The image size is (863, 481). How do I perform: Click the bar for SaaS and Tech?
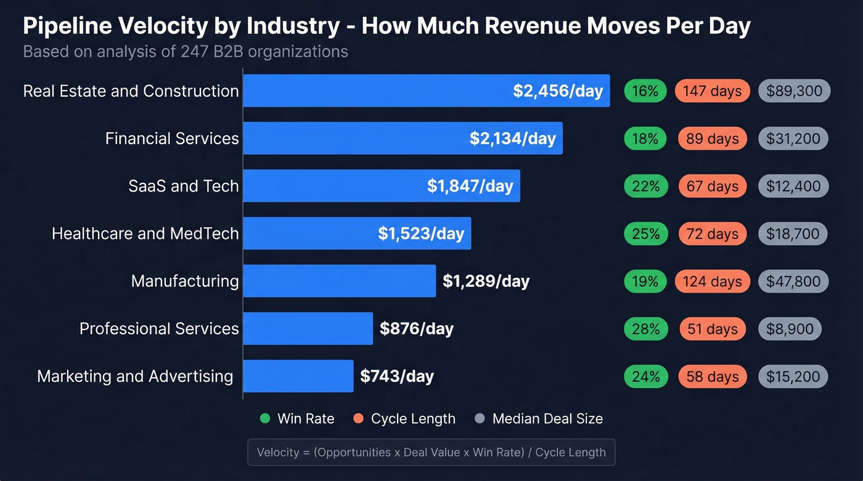pyautogui.click(x=381, y=186)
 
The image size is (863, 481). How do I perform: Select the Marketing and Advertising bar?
pyautogui.click(x=298, y=376)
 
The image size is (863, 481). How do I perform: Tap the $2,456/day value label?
pyautogui.click(x=557, y=91)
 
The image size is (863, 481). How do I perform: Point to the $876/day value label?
pyautogui.click(x=416, y=328)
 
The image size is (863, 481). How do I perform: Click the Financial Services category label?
pyautogui.click(x=171, y=139)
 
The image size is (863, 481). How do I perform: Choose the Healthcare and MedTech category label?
pyautogui.click(x=145, y=233)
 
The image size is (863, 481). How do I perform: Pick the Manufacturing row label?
pyautogui.click(x=184, y=281)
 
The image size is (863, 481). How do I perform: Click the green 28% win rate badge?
pyautogui.click(x=645, y=329)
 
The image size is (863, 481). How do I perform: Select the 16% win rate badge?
pyautogui.click(x=645, y=91)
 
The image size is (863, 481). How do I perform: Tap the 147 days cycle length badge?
pyautogui.click(x=712, y=91)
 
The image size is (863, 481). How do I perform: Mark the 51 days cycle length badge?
pyautogui.click(x=712, y=329)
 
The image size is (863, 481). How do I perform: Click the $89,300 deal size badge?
pyautogui.click(x=794, y=91)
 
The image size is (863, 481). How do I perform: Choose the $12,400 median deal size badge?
pyautogui.click(x=793, y=186)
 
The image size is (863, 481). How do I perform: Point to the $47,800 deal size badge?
pyautogui.click(x=793, y=281)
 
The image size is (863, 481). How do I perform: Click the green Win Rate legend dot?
pyautogui.click(x=265, y=419)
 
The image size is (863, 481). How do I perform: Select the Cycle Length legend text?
pyautogui.click(x=413, y=419)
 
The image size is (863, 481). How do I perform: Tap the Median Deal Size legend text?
pyautogui.click(x=547, y=419)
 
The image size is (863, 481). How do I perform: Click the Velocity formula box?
pyautogui.click(x=431, y=452)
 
